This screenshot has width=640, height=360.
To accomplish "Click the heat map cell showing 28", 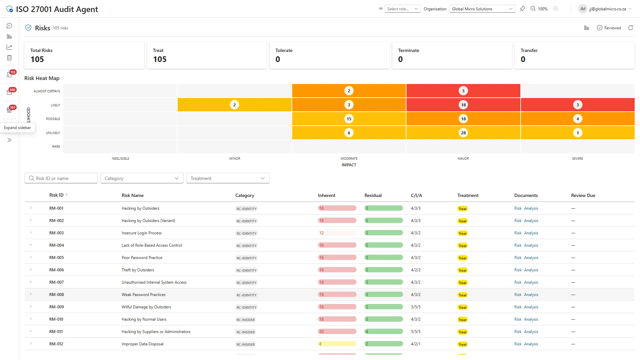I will coord(463,133).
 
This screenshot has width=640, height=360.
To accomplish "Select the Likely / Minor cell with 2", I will coord(234,105).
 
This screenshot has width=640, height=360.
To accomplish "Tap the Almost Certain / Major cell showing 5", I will coord(463,91).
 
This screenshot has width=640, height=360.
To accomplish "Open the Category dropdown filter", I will coord(142,178).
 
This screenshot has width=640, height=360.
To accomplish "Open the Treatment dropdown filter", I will coord(228,178).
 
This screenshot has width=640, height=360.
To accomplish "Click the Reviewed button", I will coord(609,28).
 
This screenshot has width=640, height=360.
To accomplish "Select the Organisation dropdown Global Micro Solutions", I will coord(482,9).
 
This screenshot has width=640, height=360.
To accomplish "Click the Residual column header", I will coord(373,195).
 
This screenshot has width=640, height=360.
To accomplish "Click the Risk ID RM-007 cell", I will coord(56,282).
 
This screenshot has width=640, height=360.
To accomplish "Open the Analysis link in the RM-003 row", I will coord(531,233).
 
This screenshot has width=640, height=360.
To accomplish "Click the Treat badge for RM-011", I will coord(462,332).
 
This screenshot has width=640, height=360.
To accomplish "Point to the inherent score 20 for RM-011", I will coord(321,332).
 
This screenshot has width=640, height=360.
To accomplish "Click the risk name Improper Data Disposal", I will coord(142,344).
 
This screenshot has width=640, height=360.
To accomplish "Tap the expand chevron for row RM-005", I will coord(31,257).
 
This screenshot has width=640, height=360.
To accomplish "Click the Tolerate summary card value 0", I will coord(278,59).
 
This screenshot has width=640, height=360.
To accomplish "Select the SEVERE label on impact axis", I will coord(577,159).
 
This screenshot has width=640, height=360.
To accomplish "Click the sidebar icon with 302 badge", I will coord(10,92).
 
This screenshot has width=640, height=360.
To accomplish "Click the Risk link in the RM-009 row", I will coord(518,307).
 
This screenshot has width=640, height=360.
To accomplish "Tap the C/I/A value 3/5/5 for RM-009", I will coord(416,307).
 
